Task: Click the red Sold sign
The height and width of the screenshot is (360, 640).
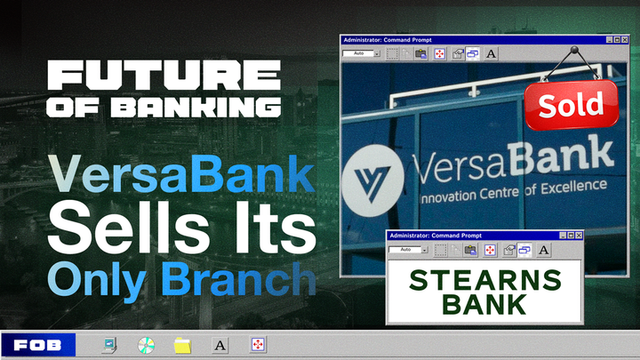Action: tap(570, 105)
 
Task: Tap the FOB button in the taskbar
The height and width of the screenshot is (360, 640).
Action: tap(37, 344)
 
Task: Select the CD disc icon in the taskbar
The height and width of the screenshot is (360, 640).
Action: tap(147, 344)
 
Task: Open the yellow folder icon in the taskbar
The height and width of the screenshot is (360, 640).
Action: tap(183, 344)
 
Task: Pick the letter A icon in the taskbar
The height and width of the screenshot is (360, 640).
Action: tap(220, 344)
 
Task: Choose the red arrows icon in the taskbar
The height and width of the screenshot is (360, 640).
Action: tap(258, 344)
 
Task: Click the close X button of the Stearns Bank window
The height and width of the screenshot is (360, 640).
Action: tap(579, 236)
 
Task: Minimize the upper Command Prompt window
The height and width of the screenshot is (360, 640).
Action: tap(611, 40)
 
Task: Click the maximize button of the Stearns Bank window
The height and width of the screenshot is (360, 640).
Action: tap(569, 236)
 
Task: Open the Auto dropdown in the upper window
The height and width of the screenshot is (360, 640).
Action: tap(362, 54)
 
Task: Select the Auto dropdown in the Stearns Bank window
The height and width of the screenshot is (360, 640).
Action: tap(406, 250)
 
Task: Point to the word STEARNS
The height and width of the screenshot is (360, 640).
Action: tap(484, 280)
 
